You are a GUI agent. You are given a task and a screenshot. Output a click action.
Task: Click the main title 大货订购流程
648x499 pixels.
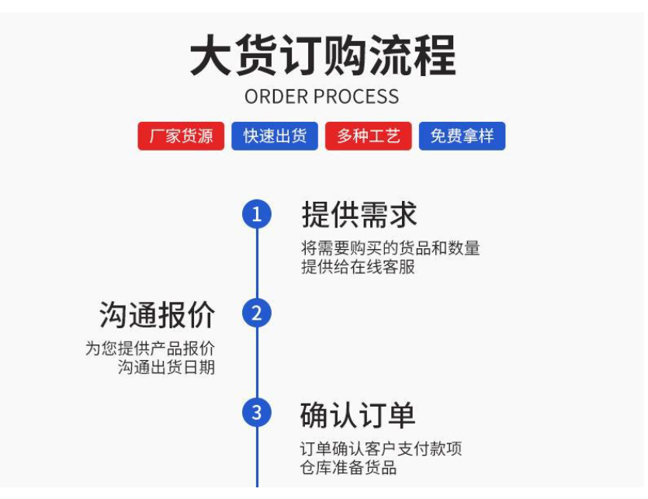323,56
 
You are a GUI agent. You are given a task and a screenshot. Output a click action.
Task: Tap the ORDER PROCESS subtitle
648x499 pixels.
322,97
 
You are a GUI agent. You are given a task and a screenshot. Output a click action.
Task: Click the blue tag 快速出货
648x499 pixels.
275,137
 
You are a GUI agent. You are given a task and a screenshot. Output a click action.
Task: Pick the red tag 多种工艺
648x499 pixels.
368,137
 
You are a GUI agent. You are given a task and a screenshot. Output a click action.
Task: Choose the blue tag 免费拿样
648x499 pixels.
462,137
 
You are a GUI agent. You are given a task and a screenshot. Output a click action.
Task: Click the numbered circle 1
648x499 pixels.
257,214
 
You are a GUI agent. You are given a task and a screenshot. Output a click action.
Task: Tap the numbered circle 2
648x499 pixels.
257,314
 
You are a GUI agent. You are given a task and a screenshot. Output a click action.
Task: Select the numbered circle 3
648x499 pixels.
257,413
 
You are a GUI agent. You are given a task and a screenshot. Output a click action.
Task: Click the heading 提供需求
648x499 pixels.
359,215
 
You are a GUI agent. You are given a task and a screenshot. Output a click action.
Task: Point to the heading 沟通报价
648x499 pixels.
157,315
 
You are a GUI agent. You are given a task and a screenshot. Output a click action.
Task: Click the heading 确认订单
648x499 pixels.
358,415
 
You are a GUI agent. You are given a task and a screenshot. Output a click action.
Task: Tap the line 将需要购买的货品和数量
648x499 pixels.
390,248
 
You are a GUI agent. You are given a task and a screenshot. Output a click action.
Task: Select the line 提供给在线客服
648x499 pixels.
358,267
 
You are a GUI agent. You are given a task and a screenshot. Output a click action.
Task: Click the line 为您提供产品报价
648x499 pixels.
150,348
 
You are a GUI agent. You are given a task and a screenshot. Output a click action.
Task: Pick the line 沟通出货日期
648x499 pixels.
166,367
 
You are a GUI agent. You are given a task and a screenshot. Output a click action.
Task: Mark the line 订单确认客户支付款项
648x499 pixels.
381,449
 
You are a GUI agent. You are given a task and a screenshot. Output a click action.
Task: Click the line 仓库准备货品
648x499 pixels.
348,467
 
